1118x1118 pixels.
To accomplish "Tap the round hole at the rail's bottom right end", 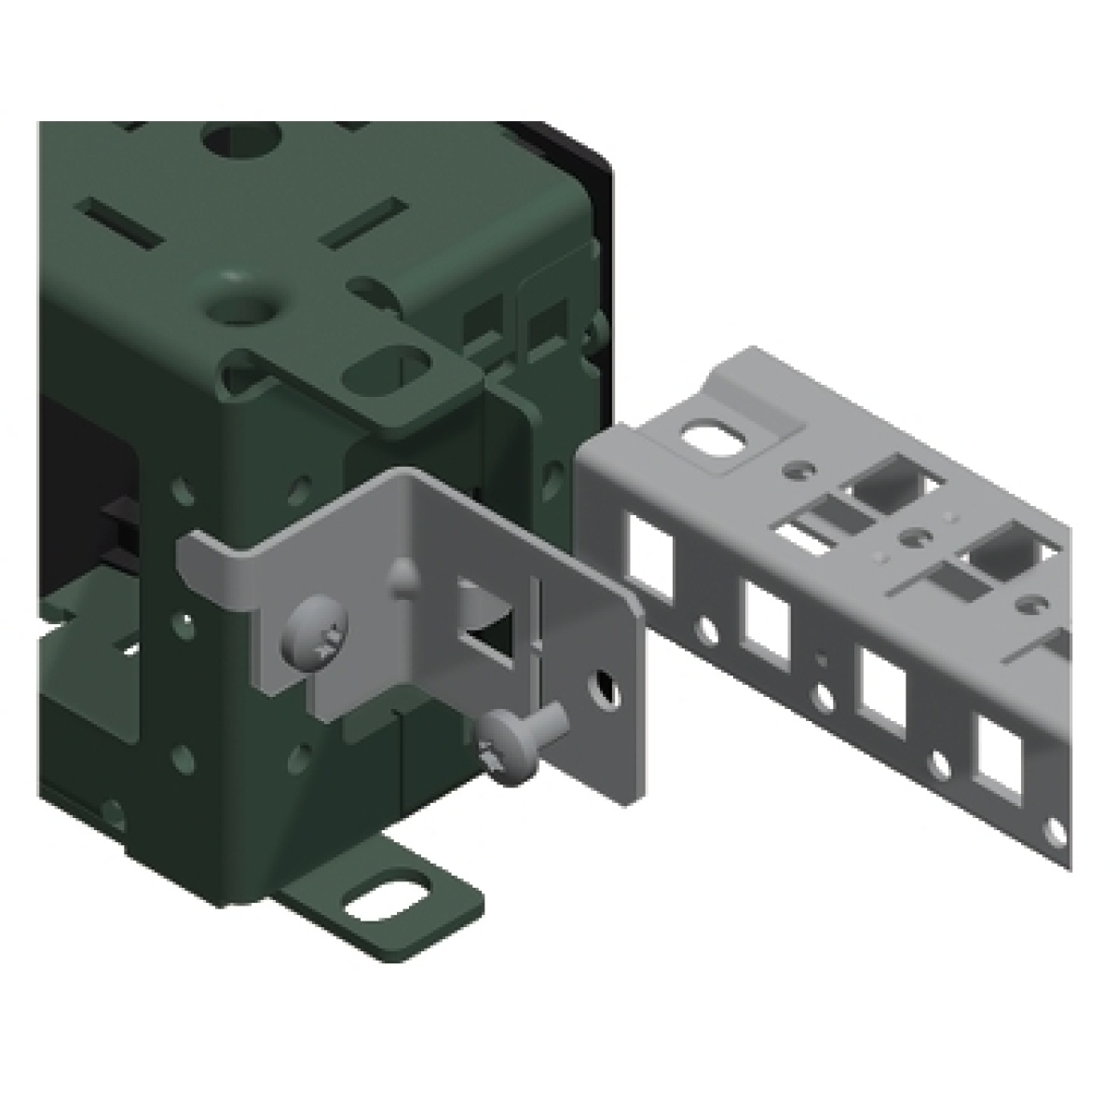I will pyautogui.click(x=1053, y=828).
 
